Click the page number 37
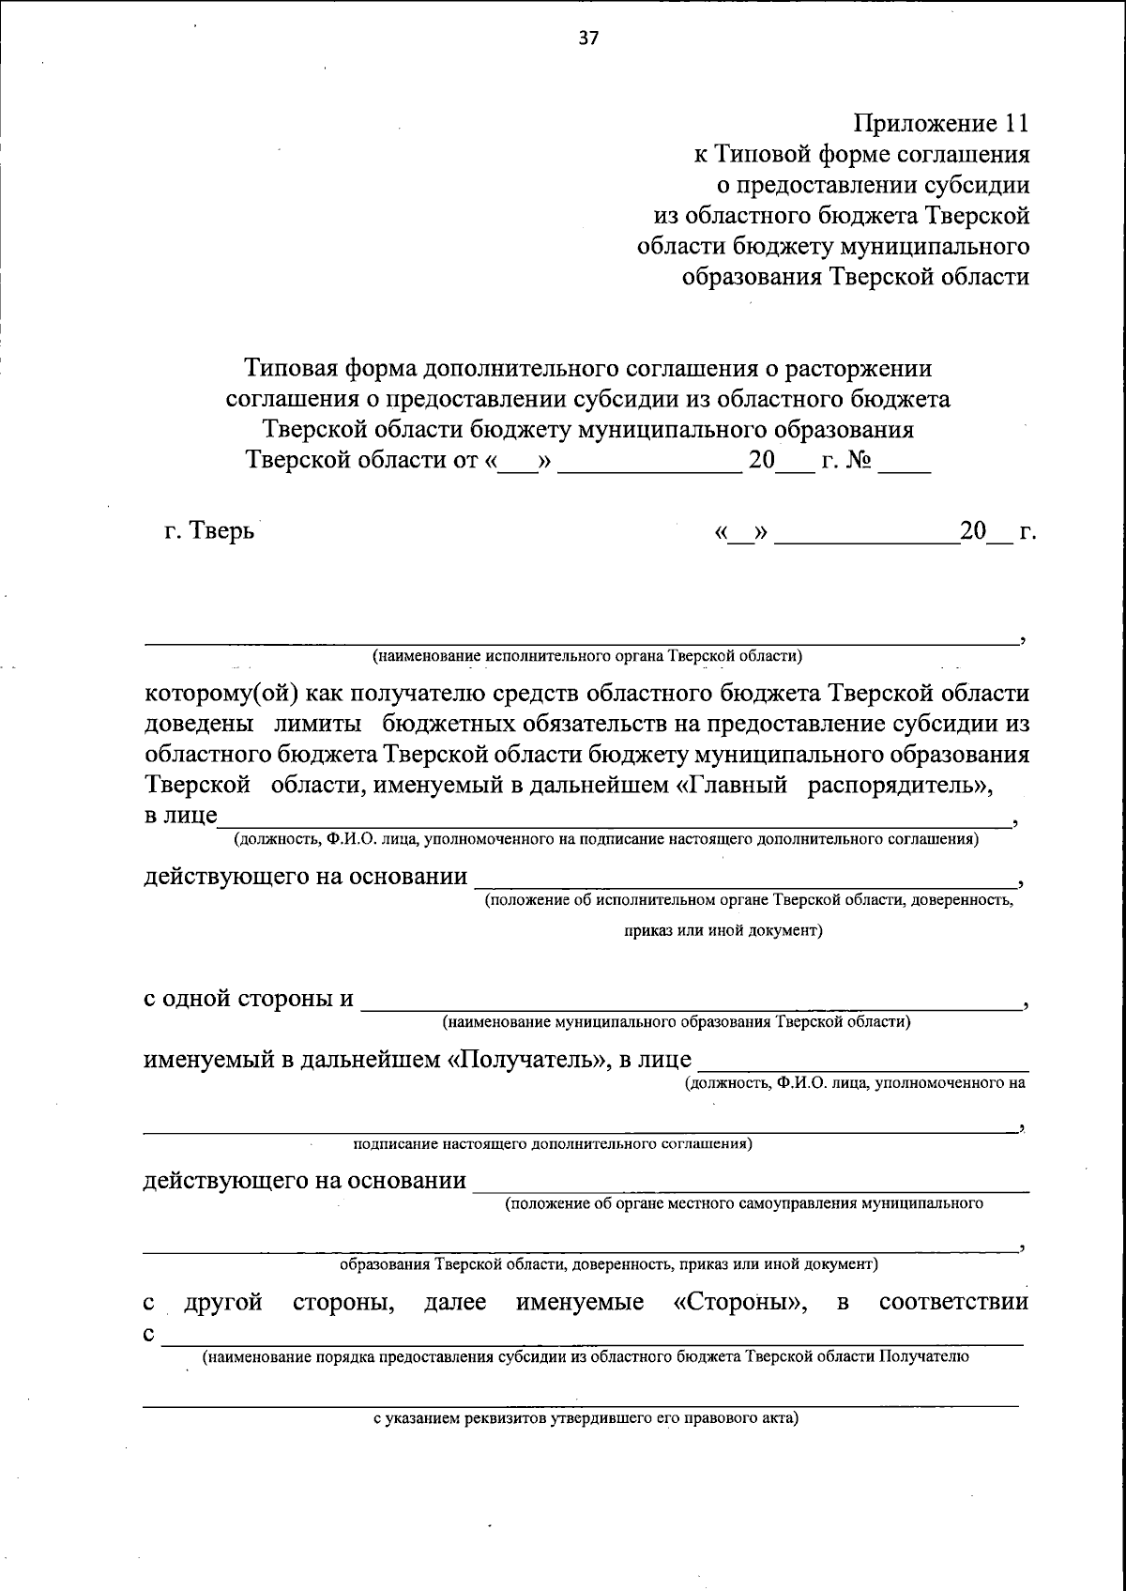588,39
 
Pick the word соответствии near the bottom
953,1302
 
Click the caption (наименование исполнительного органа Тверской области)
587,655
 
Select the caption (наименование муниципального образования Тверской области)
677,1021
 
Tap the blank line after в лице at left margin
615,818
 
